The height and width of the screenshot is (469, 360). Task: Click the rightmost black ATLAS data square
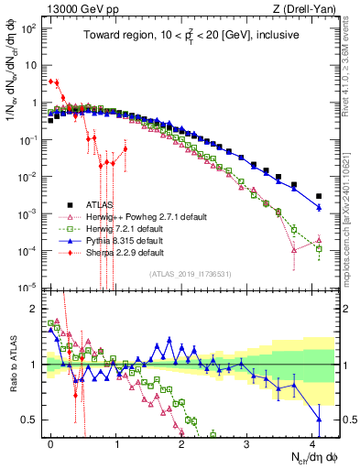tap(319, 196)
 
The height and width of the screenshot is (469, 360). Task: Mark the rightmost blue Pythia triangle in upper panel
tap(319, 208)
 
